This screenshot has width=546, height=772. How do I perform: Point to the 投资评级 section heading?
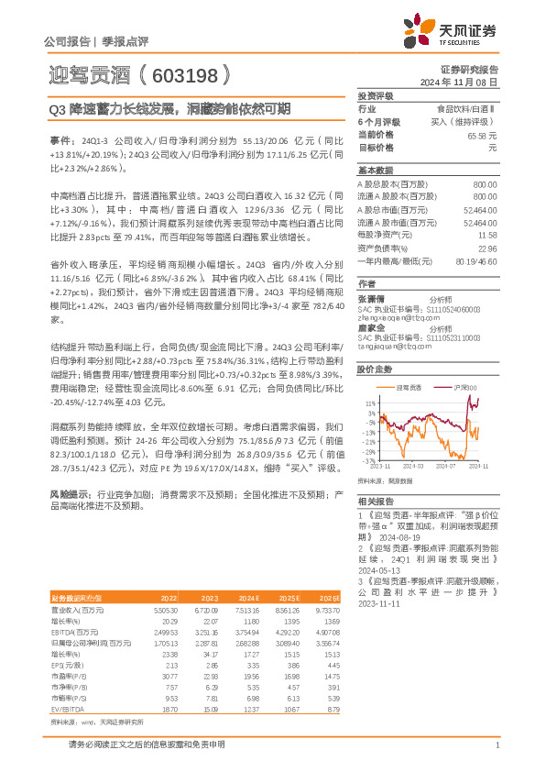[375, 95]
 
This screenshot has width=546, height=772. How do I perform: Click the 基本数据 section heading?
[375, 171]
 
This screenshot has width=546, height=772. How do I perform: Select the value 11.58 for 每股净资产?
[487, 236]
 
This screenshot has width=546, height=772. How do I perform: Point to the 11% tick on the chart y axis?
[369, 403]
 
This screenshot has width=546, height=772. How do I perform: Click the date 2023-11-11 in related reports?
[377, 579]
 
